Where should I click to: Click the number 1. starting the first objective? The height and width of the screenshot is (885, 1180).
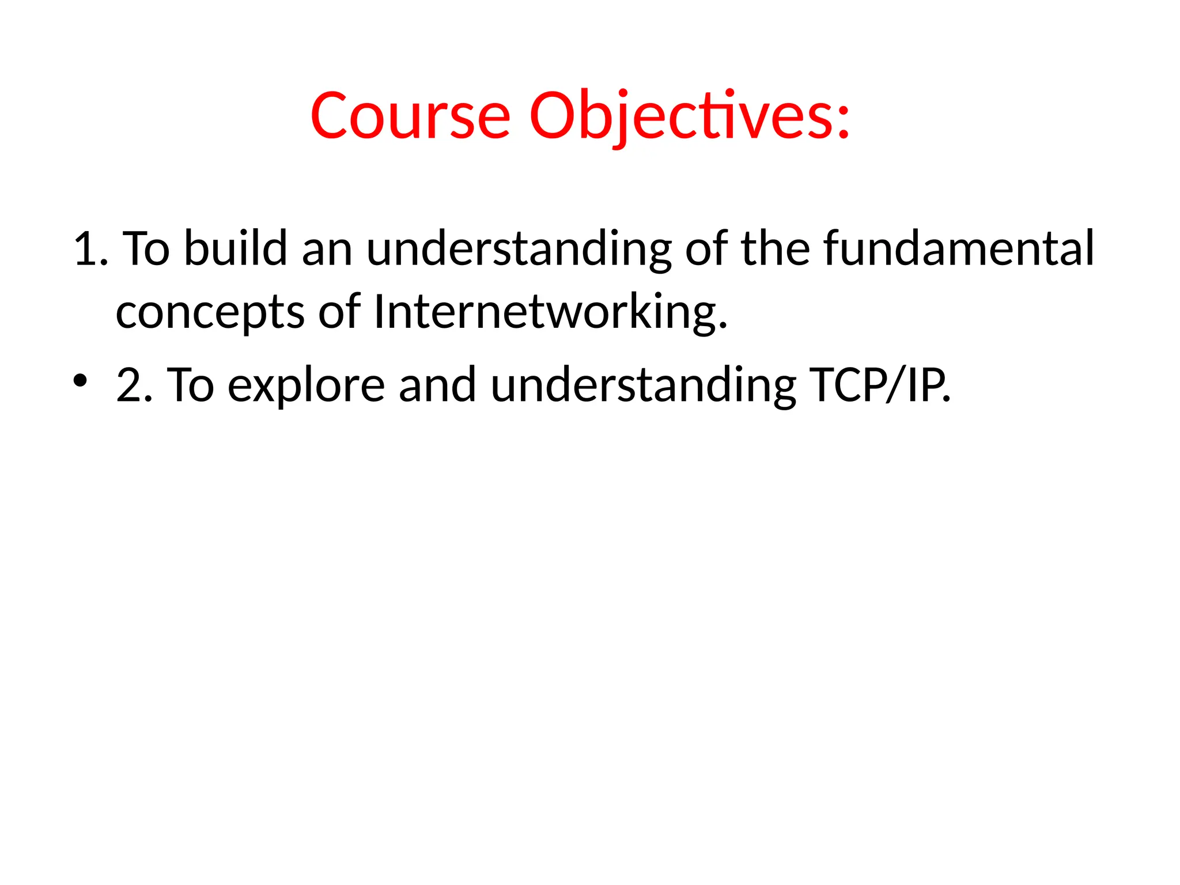coord(91,249)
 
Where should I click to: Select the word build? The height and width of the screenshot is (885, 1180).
coord(235,249)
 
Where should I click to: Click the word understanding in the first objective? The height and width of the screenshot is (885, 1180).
coord(519,249)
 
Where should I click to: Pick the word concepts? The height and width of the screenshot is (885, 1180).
coord(210,312)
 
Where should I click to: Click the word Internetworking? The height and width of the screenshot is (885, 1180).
coord(550,312)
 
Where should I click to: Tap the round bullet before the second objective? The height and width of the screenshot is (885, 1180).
coord(80,380)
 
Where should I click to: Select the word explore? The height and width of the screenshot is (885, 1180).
coord(306,385)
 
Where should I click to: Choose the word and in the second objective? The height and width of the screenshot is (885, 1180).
coord(437,385)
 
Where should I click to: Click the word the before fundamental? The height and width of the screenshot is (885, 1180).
coord(776,249)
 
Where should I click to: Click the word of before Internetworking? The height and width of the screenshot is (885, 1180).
coord(339,312)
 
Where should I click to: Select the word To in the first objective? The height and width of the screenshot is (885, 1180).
coord(147,249)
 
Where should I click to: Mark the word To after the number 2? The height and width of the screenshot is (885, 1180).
coord(191,385)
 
